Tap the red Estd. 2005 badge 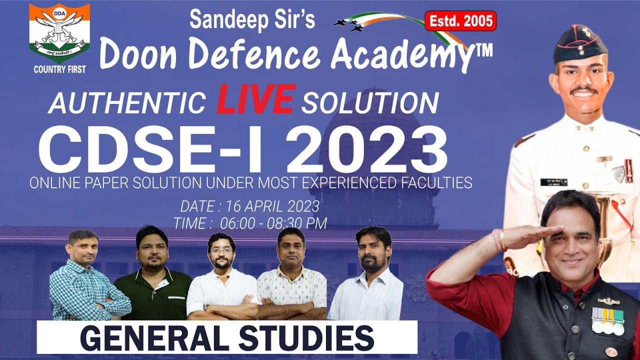point(460,21)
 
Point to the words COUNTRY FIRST point(59,69)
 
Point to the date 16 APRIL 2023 point(272,206)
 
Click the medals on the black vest point(608,320)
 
